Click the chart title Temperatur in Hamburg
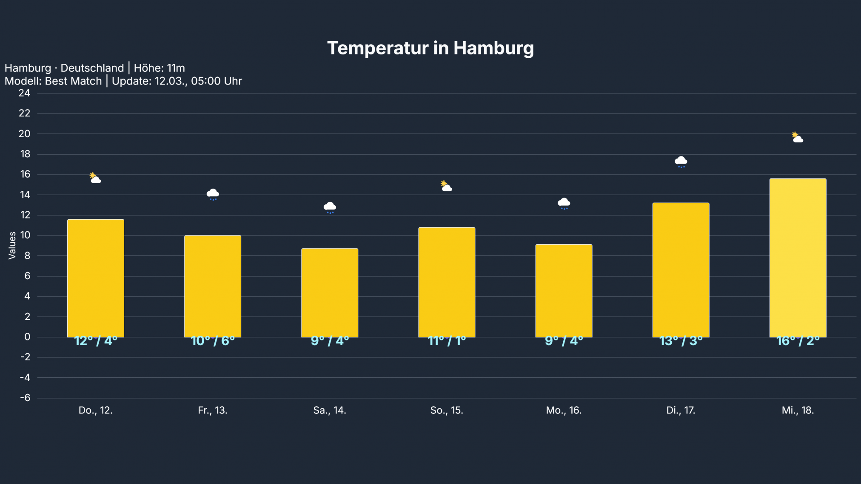click(x=430, y=48)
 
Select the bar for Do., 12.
click(x=96, y=278)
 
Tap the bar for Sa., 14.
click(x=330, y=293)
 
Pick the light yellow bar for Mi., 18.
click(x=798, y=258)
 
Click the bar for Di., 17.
click(x=681, y=270)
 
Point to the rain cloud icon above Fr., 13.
click(x=213, y=194)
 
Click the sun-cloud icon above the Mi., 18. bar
click(x=798, y=138)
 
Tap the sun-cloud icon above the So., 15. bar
click(x=446, y=186)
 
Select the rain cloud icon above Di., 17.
click(x=681, y=161)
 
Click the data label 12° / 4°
click(x=96, y=341)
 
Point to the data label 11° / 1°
click(x=447, y=341)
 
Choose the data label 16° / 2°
click(x=798, y=341)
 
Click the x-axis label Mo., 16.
click(x=564, y=410)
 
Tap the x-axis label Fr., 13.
click(x=213, y=410)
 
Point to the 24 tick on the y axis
click(x=25, y=93)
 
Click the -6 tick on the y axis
click(x=25, y=398)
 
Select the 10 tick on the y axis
click(x=25, y=235)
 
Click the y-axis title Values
click(x=12, y=245)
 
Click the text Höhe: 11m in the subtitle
click(x=159, y=68)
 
